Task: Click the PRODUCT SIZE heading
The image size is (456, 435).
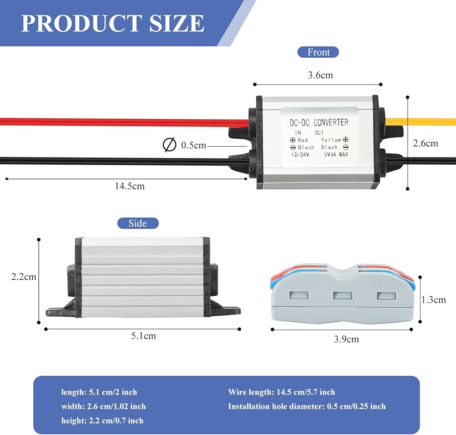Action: (x=112, y=23)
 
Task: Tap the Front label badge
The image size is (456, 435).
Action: (x=318, y=52)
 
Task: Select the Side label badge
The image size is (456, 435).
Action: (x=138, y=223)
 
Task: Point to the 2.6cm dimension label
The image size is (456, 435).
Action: (x=425, y=143)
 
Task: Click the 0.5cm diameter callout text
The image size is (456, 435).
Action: (x=193, y=146)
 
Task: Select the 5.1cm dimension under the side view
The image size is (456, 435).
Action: (x=143, y=336)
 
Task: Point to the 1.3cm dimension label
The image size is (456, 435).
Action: (x=433, y=299)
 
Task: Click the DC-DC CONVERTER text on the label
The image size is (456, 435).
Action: (x=319, y=122)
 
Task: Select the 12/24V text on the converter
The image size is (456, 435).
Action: (x=301, y=154)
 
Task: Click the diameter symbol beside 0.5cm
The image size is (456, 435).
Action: (x=169, y=145)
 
